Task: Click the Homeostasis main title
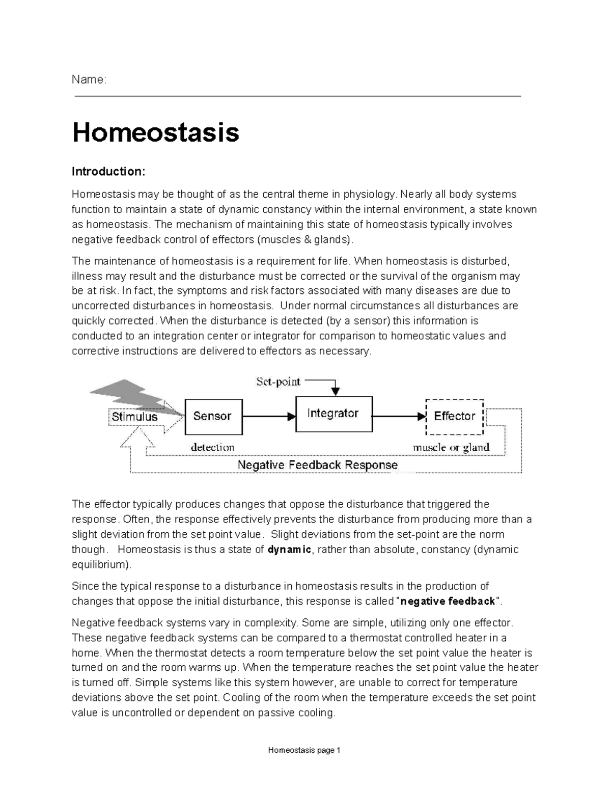[155, 132]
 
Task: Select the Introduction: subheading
[108, 172]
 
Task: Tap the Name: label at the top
[89, 79]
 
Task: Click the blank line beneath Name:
[297, 96]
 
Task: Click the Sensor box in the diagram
[213, 416]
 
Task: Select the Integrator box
[334, 414]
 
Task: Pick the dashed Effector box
[454, 416]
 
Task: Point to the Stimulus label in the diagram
[134, 417]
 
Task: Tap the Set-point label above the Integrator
[278, 381]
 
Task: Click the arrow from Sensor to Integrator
[269, 416]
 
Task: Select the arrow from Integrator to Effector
[399, 416]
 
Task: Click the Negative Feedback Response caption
[317, 465]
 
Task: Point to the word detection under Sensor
[212, 447]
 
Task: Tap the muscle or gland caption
[451, 447]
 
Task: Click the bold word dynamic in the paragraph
[289, 550]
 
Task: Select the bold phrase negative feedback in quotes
[448, 602]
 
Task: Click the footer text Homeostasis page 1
[304, 750]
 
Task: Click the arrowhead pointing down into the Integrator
[335, 391]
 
